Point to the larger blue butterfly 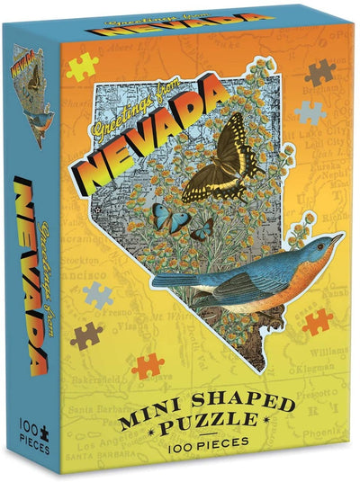tap(166, 217)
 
